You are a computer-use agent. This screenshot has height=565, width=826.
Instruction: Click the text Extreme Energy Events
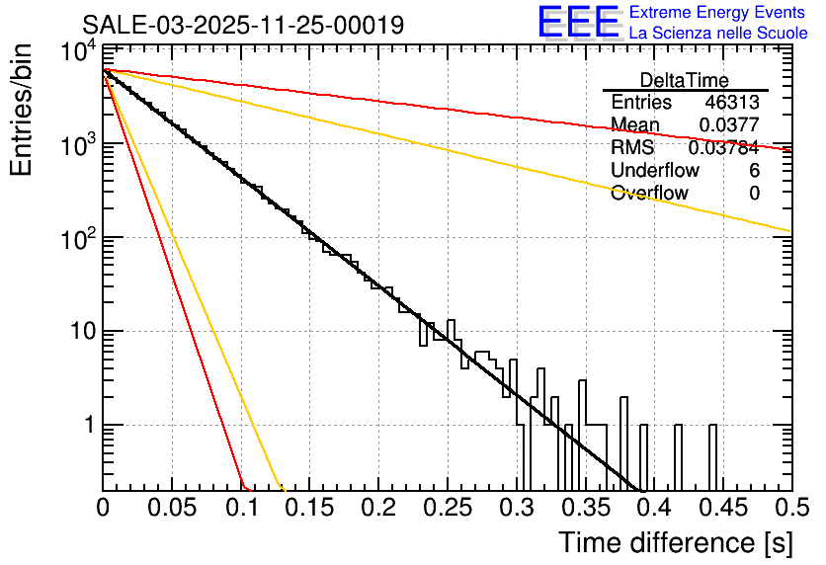(x=717, y=13)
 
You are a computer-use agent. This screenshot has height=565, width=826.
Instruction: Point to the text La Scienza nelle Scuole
(x=718, y=34)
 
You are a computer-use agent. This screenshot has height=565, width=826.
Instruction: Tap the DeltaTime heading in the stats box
(x=685, y=80)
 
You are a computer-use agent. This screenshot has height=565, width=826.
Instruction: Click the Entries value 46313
(x=732, y=103)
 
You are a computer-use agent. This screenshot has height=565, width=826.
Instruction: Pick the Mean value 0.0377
(x=729, y=125)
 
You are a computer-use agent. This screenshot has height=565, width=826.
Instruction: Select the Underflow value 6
(x=754, y=170)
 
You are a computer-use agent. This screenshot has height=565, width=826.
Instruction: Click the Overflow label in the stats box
(x=649, y=193)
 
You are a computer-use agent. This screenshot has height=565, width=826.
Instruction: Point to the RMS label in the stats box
(x=632, y=148)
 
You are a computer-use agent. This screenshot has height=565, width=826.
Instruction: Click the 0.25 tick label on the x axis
(x=448, y=508)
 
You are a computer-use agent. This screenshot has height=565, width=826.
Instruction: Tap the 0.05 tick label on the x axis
(x=172, y=508)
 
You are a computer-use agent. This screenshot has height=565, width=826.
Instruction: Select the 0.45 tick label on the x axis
(x=723, y=508)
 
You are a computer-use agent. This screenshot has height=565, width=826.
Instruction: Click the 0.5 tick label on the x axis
(x=790, y=508)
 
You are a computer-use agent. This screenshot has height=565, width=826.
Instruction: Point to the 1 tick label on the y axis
(x=87, y=426)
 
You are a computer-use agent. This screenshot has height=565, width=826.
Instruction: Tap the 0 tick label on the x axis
(x=103, y=508)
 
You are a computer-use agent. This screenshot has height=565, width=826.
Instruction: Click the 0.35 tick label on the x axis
(x=586, y=508)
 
